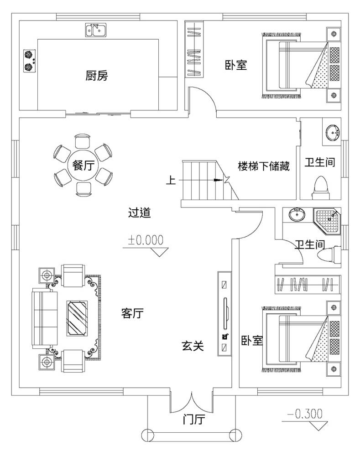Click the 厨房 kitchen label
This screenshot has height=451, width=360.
(96, 76)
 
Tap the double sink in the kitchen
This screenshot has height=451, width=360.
(96, 31)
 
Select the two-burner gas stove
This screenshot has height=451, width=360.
(29, 61)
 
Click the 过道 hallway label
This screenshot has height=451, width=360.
(139, 213)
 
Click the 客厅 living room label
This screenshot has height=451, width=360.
(132, 313)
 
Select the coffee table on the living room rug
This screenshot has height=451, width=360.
(77, 317)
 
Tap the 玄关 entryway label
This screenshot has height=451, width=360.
(193, 346)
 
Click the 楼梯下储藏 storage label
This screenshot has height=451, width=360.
(264, 166)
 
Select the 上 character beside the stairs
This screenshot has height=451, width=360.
(171, 181)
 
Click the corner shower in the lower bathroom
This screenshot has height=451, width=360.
(326, 220)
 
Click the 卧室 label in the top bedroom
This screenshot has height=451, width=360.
(235, 65)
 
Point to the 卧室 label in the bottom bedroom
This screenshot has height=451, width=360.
(251, 341)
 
